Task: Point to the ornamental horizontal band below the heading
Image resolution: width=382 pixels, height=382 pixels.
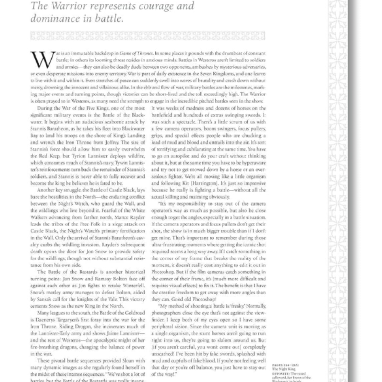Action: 148,36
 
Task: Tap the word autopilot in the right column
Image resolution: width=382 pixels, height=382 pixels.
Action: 172,156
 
